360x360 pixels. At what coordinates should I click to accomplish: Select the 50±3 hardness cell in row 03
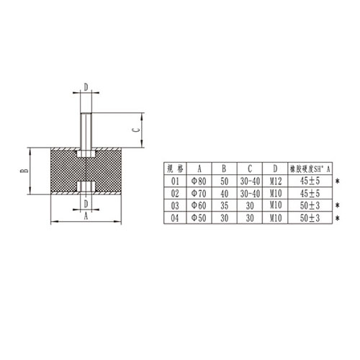click(310, 205)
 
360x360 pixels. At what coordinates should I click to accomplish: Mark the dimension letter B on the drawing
click(24, 172)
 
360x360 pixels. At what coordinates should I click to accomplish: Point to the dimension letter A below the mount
click(85, 215)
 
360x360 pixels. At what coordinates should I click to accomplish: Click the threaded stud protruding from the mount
click(86, 126)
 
